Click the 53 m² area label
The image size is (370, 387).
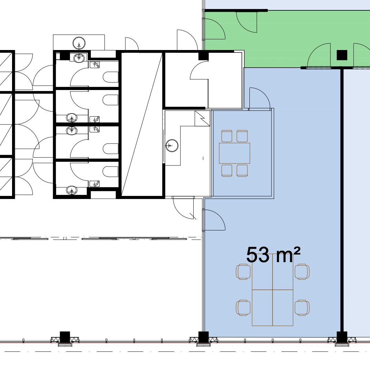[273, 255]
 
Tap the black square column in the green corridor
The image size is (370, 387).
[342, 55]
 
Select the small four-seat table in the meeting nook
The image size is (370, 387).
[234, 153]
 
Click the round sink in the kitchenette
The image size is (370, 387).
[172, 145]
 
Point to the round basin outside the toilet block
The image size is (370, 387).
[79, 43]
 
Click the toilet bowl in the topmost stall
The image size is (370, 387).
[111, 77]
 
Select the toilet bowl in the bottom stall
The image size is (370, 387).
[111, 171]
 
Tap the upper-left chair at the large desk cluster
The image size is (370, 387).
[243, 271]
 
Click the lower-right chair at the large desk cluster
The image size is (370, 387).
[302, 308]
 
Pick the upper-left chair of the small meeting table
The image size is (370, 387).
[227, 136]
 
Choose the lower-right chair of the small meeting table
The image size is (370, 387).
[242, 170]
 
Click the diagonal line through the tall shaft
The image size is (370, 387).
[142, 125]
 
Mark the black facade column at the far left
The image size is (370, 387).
[65, 337]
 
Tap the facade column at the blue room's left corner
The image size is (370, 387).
[204, 337]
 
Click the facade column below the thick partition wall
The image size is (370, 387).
[342, 337]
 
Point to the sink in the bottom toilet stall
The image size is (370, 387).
[72, 190]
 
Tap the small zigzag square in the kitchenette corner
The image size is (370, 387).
[202, 118]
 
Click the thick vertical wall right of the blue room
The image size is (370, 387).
[342, 200]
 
